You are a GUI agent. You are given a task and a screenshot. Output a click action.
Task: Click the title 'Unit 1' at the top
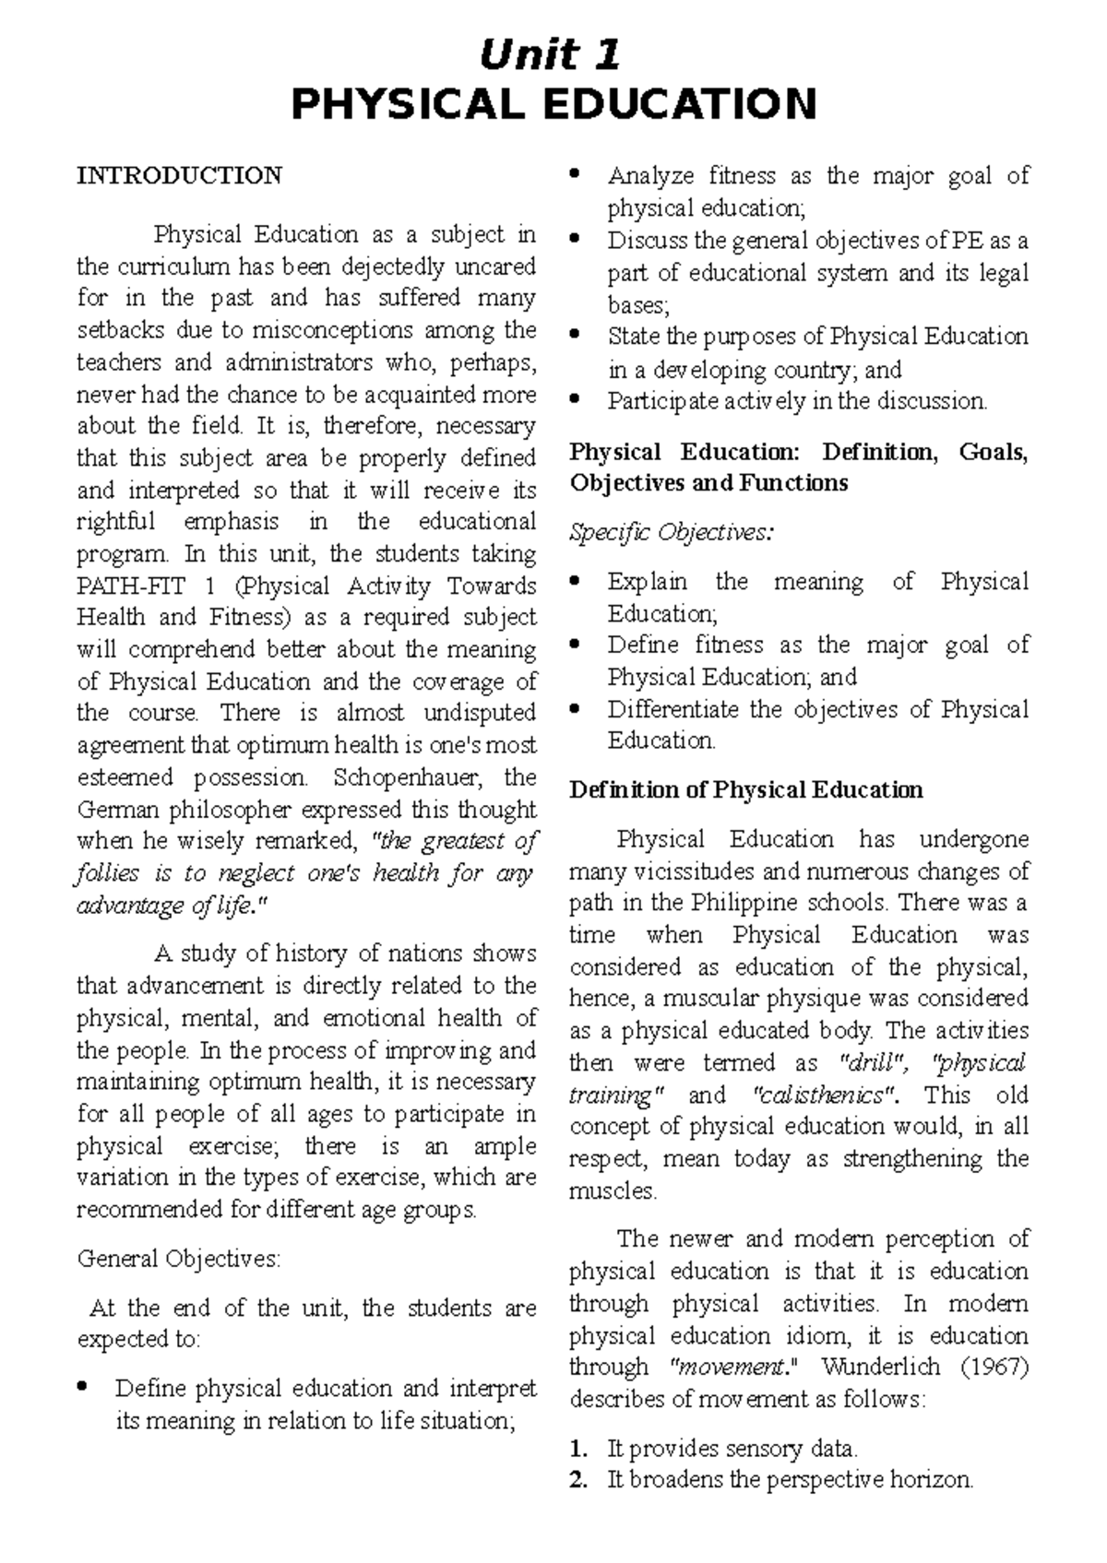tap(551, 56)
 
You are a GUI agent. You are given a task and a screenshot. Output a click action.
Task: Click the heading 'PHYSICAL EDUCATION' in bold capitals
tap(553, 104)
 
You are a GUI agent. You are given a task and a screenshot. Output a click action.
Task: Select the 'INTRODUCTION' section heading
tap(179, 175)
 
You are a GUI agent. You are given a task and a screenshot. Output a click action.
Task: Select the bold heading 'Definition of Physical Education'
tap(746, 789)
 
